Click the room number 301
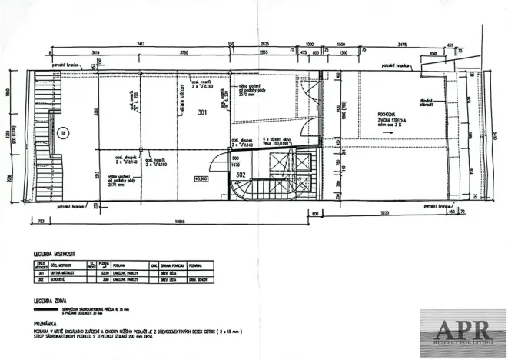(x=202, y=112)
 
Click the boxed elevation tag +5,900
(x=203, y=178)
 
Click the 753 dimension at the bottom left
(x=38, y=221)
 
